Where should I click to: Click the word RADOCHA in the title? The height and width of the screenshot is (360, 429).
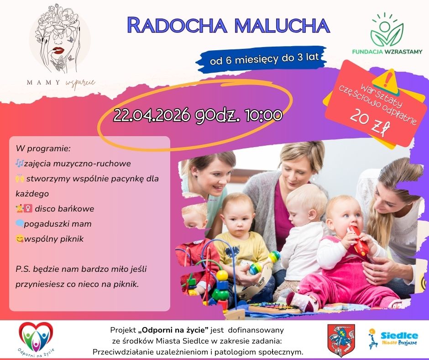click(177, 26)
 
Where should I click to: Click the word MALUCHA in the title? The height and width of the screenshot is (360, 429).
click(282, 26)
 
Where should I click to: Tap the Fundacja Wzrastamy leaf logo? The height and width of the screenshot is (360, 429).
click(387, 31)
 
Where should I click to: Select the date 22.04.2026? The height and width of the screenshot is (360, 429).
click(152, 115)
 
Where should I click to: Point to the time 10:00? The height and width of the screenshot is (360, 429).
click(264, 115)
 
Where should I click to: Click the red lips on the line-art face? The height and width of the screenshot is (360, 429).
click(58, 51)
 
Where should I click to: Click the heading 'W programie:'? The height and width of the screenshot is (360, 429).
click(43, 149)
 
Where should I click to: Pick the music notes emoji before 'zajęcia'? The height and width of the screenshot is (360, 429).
click(20, 163)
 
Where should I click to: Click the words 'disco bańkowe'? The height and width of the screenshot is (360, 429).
click(64, 209)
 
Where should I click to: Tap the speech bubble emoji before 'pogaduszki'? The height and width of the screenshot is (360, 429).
click(20, 223)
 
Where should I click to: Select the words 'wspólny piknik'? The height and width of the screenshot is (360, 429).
click(54, 239)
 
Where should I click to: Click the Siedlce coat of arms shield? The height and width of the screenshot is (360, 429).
click(341, 340)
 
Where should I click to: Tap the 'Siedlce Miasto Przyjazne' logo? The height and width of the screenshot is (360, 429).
click(393, 339)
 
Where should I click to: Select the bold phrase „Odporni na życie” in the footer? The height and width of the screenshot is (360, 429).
click(173, 330)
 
